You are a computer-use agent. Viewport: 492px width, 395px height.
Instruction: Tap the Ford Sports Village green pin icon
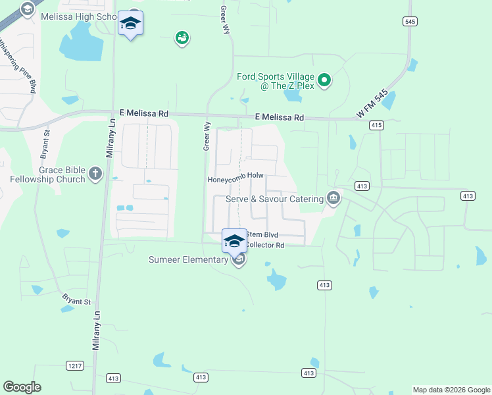click(324, 81)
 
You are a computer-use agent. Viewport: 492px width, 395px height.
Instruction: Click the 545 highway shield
click(410, 22)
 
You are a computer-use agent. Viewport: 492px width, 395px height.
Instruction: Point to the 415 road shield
click(376, 124)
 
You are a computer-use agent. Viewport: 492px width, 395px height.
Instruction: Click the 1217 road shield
click(74, 365)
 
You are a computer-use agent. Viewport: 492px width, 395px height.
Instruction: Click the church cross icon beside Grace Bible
click(95, 174)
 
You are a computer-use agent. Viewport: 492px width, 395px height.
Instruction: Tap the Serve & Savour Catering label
click(275, 199)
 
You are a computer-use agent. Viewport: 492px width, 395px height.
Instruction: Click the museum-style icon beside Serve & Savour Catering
click(333, 198)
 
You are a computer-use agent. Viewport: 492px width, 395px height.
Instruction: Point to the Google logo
click(22, 387)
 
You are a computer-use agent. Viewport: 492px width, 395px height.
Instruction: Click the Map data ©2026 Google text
click(451, 390)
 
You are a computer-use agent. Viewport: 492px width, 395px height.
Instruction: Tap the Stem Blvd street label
click(262, 234)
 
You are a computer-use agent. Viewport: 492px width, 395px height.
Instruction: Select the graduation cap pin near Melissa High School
click(130, 24)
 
